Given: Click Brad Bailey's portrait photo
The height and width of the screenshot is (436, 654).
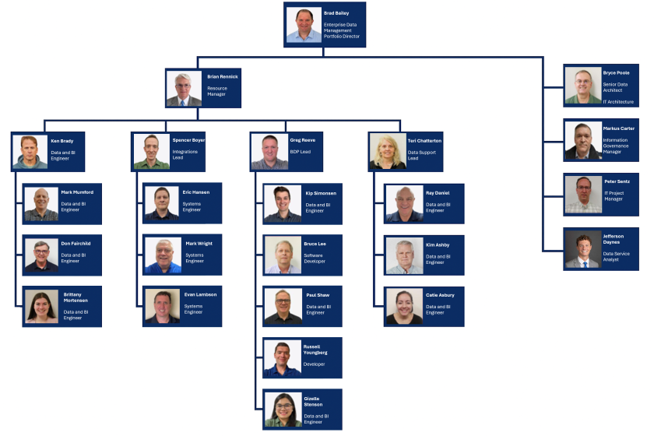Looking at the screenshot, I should (304, 25).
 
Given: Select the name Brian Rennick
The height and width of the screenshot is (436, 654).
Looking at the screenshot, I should (223, 76).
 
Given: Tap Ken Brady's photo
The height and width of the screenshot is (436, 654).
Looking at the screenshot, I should (30, 152).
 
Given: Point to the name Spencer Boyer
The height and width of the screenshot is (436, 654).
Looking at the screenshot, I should (188, 140).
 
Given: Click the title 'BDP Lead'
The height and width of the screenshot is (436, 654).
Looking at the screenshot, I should (301, 152).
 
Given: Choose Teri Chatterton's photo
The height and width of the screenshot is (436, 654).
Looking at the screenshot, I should (387, 152).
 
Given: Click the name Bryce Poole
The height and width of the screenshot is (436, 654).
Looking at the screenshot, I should (616, 72).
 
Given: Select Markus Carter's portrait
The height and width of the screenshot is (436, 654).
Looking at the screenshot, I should (583, 141).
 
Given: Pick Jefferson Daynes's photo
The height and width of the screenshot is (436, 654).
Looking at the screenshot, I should (583, 250).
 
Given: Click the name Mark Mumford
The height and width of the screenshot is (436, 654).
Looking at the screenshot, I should (77, 192).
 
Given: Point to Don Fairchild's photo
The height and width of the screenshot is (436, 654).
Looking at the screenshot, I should (41, 255).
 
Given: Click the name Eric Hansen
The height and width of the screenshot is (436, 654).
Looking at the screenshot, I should (196, 192).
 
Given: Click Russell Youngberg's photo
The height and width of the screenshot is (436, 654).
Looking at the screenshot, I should (282, 359).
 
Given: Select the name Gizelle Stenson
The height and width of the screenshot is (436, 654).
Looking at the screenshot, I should (313, 401).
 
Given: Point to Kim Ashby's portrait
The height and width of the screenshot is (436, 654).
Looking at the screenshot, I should (404, 255).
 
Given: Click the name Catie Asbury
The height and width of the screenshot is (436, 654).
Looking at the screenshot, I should (440, 295).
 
